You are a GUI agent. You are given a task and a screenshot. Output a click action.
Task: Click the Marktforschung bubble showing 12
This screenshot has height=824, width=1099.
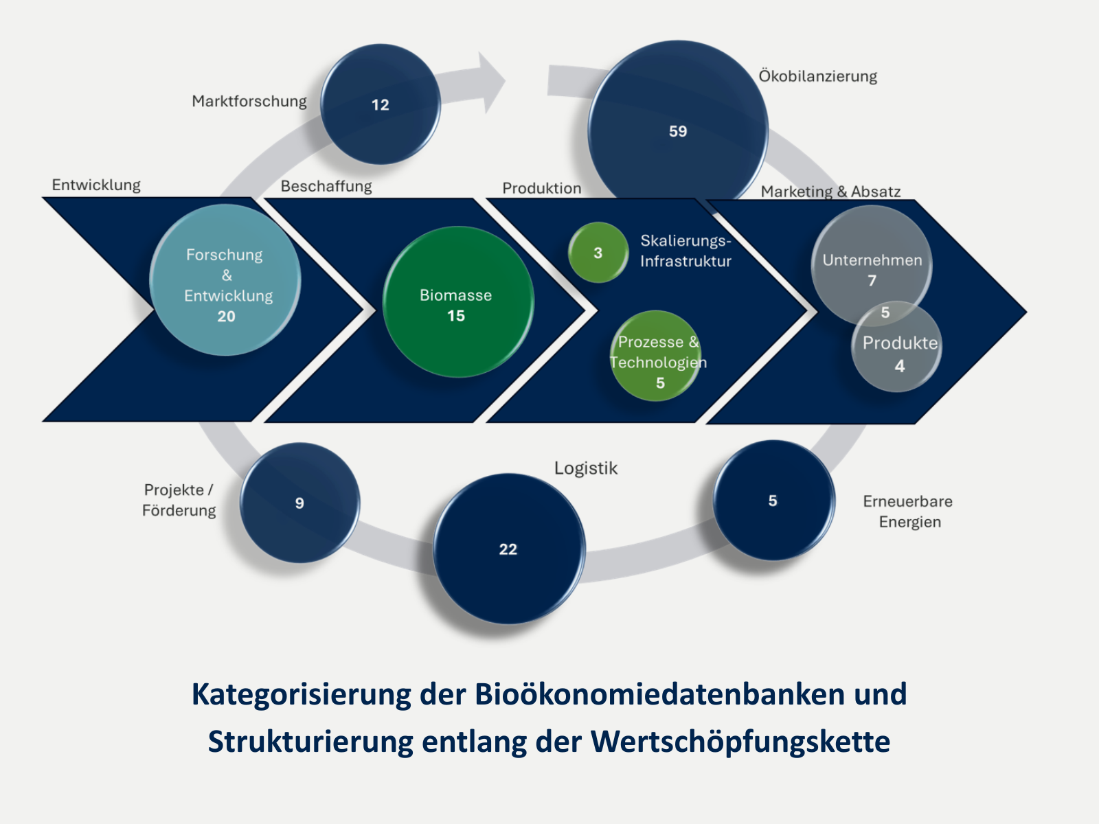(x=381, y=104)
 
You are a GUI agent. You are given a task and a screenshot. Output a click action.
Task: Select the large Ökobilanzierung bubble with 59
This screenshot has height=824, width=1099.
(x=677, y=130)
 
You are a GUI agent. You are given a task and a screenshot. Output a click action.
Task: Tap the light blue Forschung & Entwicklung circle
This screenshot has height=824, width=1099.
(x=225, y=280)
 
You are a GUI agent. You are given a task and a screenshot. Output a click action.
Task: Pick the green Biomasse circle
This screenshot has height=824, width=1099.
(x=457, y=302)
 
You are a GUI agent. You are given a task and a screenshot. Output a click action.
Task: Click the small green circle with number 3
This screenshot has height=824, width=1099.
(x=598, y=253)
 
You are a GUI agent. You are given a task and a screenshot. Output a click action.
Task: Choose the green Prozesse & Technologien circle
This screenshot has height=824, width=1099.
(x=656, y=356)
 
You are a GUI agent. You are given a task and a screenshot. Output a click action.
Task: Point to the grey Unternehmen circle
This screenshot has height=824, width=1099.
(x=871, y=264)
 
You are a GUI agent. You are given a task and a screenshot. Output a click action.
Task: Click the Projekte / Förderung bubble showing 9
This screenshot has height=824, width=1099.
(x=299, y=503)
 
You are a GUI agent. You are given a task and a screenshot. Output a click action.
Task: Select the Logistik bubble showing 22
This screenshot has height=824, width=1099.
(x=508, y=549)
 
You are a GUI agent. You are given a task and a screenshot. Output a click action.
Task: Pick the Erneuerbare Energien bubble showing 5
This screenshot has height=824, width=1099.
(x=773, y=501)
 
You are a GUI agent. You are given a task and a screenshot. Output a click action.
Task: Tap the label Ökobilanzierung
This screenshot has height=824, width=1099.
(x=817, y=76)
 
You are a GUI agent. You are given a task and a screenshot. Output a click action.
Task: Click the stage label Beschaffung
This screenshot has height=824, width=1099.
(x=326, y=186)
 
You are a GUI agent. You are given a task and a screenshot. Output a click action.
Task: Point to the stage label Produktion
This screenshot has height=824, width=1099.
(x=541, y=188)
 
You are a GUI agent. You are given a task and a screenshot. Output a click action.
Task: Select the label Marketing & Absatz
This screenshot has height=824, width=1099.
(x=830, y=192)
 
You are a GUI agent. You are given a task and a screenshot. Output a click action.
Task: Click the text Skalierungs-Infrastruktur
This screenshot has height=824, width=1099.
(x=686, y=251)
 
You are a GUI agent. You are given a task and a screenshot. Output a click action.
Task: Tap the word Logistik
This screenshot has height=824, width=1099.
(x=586, y=468)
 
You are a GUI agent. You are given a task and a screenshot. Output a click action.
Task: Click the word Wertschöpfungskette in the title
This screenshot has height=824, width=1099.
(x=740, y=742)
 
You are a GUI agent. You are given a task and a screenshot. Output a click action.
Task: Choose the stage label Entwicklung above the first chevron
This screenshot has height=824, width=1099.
(x=96, y=185)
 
